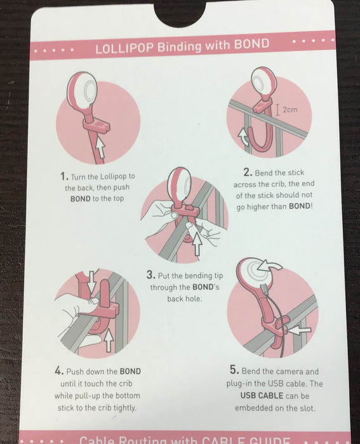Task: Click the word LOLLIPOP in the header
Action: click(x=124, y=48)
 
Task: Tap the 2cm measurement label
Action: click(x=290, y=109)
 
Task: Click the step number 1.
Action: click(x=64, y=176)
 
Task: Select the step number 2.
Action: click(x=248, y=172)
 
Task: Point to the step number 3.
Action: click(x=151, y=275)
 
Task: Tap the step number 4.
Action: click(x=58, y=370)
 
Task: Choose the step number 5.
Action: click(x=234, y=370)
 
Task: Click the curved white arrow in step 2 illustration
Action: click(x=243, y=137)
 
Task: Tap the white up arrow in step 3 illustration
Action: click(x=197, y=244)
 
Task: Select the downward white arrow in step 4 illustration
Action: click(x=91, y=281)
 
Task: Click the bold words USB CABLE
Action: click(x=262, y=396)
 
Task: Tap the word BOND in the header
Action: click(x=251, y=44)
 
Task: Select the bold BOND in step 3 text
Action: click(x=203, y=287)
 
